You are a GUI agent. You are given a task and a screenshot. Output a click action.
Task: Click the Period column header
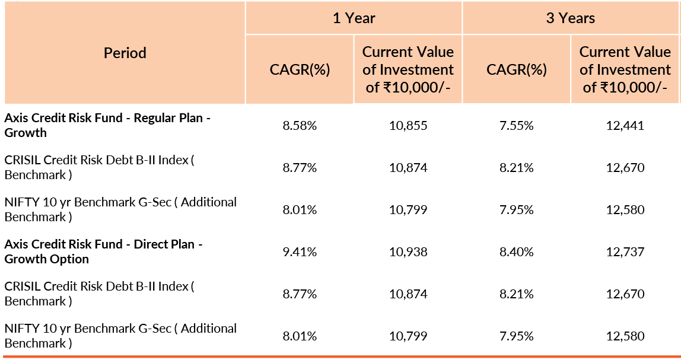pos(125,53)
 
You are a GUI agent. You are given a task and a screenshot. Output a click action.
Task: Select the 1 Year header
pos(354,18)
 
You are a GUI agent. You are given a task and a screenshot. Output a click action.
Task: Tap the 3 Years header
pos(571,18)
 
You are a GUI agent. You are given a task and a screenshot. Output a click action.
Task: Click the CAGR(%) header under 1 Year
pos(300,69)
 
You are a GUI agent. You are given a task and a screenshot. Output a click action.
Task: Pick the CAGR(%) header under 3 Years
pos(517,69)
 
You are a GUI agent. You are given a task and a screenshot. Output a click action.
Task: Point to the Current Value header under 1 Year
pos(408,69)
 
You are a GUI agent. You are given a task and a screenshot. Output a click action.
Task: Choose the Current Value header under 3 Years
pos(625,69)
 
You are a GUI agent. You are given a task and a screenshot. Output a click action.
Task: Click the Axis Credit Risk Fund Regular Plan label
pos(107,125)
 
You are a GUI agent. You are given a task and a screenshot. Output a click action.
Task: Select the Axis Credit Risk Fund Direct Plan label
pos(103,251)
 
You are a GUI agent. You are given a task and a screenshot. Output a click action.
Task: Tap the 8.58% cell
pos(300,126)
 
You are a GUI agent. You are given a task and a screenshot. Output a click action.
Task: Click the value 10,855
pos(408,126)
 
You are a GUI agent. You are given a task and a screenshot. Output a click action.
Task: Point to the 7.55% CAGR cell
pos(517,126)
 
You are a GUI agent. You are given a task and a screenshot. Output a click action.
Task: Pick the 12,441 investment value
pos(625,126)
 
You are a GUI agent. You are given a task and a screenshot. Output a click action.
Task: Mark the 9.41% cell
pos(300,252)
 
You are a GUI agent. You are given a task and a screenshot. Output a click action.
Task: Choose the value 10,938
pos(408,252)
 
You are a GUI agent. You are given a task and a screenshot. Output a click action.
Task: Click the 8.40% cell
pos(517,252)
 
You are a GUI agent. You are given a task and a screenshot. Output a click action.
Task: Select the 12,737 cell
pos(625,252)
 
